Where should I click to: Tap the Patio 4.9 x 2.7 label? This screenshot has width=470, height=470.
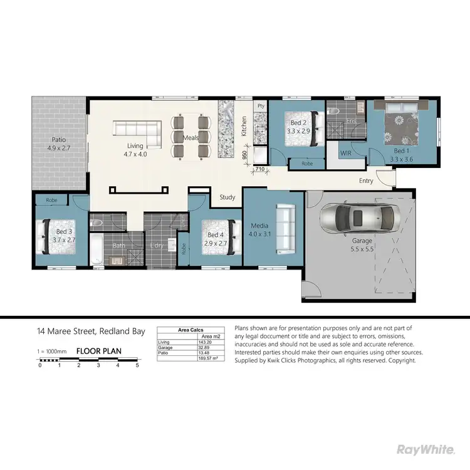(x=58, y=144)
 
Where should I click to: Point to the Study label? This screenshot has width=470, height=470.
(x=227, y=197)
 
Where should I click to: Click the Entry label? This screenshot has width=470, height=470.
(x=366, y=181)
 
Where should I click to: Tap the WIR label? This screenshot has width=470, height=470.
(x=345, y=153)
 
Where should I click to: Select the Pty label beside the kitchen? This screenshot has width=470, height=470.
(x=261, y=107)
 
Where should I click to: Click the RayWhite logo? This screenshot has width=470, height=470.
(x=426, y=449)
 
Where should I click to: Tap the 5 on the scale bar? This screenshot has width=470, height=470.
(x=137, y=365)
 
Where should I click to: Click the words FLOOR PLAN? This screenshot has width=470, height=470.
(x=99, y=351)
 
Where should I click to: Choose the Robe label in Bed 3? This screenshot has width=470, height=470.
(x=51, y=201)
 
